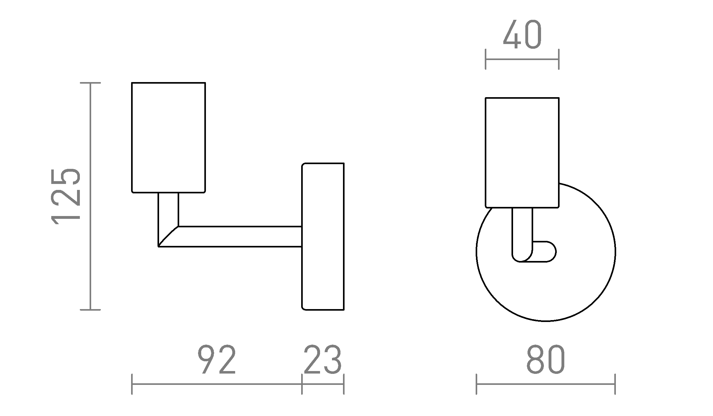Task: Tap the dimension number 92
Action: coord(217,360)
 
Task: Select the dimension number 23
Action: coord(323,360)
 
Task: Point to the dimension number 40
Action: coord(522,35)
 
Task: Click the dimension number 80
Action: coord(546,360)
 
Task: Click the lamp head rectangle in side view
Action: coord(169,137)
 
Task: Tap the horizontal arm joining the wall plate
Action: coord(239,236)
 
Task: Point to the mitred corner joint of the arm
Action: coord(168,236)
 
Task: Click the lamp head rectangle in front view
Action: coord(522,153)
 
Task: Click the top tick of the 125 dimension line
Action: coord(91,83)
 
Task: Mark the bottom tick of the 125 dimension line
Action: coord(91,310)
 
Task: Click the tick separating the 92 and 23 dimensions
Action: coord(302,384)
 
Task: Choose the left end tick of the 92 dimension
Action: coord(132,384)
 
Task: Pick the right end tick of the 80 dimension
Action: coord(615,384)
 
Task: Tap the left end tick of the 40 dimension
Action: coord(486,59)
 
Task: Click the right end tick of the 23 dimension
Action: coord(344,384)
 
